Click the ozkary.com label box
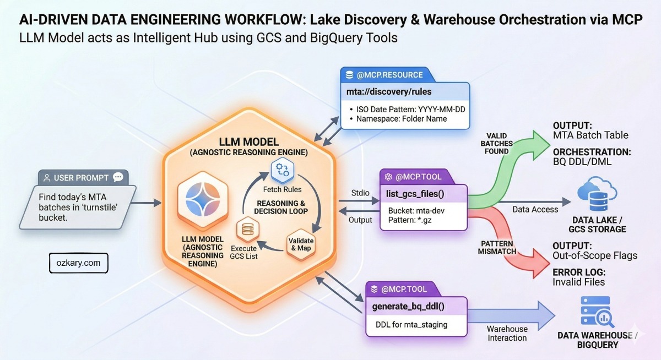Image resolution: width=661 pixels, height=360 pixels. pyautogui.click(x=78, y=263)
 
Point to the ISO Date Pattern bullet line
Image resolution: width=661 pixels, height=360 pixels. pyautogui.click(x=410, y=109)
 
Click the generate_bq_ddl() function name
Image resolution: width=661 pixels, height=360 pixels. pyautogui.click(x=408, y=306)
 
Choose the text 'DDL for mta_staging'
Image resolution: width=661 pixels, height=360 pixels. pyautogui.click(x=411, y=324)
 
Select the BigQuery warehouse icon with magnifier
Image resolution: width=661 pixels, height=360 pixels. pyautogui.click(x=596, y=312)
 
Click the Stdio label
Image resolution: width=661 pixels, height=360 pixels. pyautogui.click(x=360, y=193)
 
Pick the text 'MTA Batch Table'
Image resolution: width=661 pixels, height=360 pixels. pyautogui.click(x=590, y=135)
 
